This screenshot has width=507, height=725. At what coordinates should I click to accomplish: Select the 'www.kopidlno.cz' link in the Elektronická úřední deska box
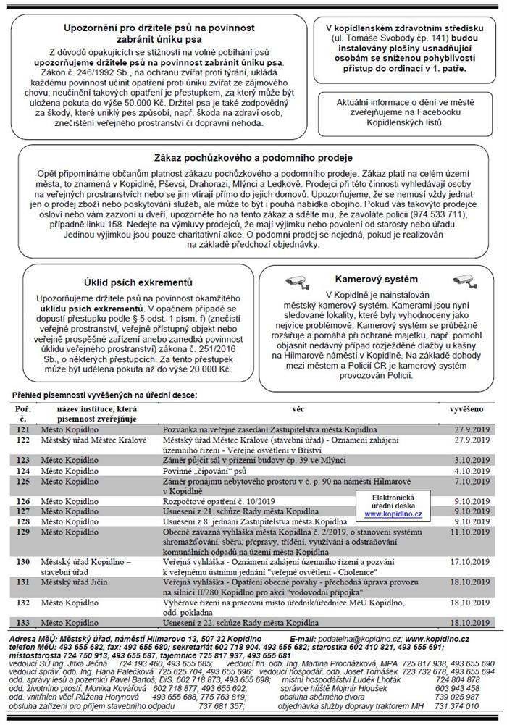pos(392,514)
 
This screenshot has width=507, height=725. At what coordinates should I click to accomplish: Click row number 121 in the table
pos(23,428)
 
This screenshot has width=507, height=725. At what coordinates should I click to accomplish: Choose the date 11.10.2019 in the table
pos(464,531)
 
